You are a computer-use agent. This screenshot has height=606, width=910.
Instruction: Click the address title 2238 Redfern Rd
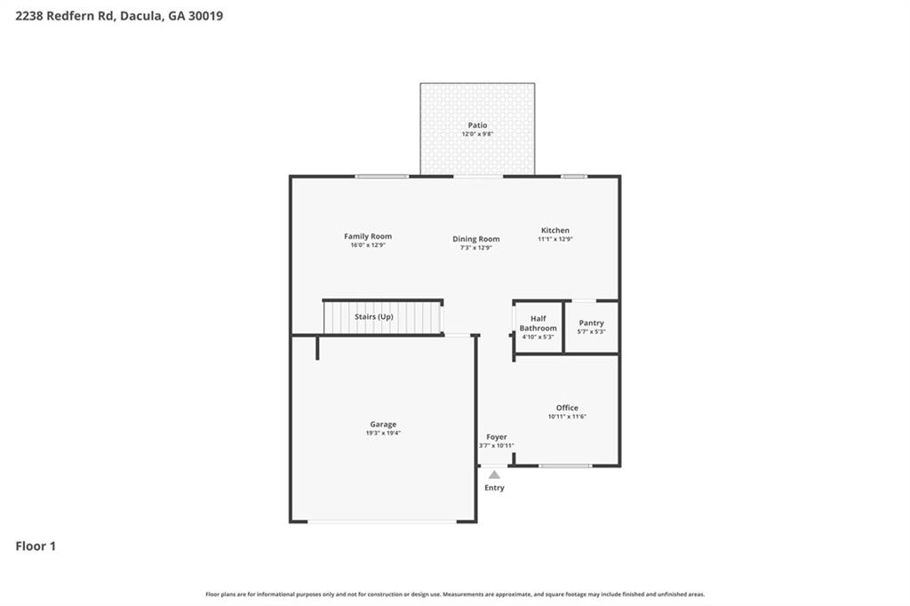tap(119, 15)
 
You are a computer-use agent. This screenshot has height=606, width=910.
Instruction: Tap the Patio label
tap(477, 125)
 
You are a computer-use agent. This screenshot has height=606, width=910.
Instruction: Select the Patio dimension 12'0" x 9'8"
tap(477, 134)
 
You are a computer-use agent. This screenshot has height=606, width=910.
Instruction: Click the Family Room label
tap(368, 236)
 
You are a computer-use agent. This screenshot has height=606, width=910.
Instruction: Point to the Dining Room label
tap(476, 239)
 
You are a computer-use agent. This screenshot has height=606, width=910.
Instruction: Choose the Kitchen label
tap(555, 230)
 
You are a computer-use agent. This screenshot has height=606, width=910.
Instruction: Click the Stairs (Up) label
tap(374, 316)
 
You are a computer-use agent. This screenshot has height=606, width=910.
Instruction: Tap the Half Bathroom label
tap(539, 323)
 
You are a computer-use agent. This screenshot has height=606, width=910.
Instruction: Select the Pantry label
tap(591, 323)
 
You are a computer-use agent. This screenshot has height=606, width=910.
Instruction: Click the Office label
tap(567, 408)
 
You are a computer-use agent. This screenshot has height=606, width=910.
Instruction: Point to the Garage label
tap(383, 424)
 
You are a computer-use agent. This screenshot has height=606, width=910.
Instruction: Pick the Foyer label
tap(497, 437)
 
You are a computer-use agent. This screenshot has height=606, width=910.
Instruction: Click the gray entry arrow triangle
tap(494, 474)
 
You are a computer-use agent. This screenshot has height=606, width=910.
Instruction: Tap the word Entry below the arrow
tap(494, 488)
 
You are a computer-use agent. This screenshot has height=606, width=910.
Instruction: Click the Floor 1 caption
tap(36, 546)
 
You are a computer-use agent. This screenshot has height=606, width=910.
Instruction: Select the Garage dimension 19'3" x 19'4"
tap(383, 433)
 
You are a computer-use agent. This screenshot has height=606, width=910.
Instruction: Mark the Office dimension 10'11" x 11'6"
tap(567, 417)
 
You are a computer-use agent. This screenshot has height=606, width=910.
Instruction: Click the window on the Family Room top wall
tap(382, 176)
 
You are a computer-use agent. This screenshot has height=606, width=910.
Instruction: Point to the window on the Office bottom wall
tap(565, 466)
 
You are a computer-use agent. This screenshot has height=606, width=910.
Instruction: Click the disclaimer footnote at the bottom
tap(455, 594)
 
